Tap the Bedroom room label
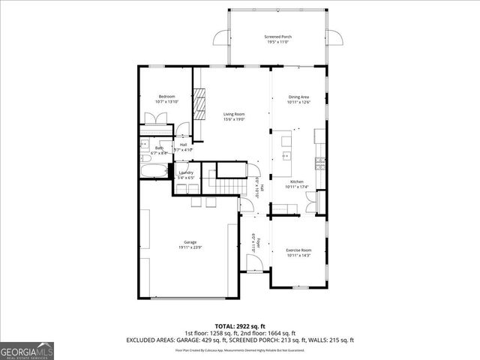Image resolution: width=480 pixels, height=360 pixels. pos(165,97)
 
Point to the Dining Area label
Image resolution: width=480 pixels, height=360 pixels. pos(299,97)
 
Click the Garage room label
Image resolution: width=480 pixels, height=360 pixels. pos(190,242)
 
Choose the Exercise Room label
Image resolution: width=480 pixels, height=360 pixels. pos(298,250)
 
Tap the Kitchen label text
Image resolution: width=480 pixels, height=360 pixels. pos(297,181)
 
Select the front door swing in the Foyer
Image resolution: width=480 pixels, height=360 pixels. pos(254,262)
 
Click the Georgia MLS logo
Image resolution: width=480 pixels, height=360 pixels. pos(27,349)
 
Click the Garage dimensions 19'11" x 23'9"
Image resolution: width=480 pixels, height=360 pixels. pos(190,247)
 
